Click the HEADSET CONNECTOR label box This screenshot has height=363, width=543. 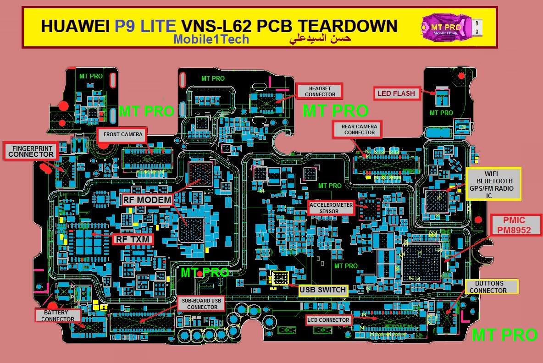click(x=319, y=91)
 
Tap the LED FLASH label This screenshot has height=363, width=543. click(x=396, y=93)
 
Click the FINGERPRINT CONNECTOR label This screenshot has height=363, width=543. click(x=30, y=151)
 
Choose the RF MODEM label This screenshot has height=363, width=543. click(x=147, y=200)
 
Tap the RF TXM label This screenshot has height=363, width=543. click(x=132, y=239)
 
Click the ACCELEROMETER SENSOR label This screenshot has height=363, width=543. click(x=331, y=208)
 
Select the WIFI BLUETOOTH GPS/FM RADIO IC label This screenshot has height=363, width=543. click(x=493, y=184)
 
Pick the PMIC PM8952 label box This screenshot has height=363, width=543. click(x=516, y=225)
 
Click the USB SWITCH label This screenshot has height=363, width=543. click(x=323, y=290)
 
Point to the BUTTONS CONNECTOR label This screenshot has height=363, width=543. click(x=492, y=287)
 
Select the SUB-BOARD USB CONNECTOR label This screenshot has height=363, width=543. click(x=201, y=304)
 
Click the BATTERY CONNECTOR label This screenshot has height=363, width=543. click(x=58, y=315)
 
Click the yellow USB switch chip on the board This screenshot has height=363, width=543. click(x=280, y=278)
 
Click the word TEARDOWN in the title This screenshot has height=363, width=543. click(x=348, y=26)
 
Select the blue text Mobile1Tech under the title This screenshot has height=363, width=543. click(x=211, y=39)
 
